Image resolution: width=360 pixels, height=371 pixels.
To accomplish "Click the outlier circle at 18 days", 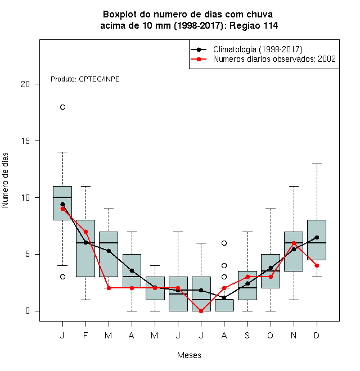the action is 62,107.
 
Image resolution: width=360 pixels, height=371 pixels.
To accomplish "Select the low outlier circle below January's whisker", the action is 62,277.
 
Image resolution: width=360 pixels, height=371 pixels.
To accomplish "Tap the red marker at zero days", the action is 201,311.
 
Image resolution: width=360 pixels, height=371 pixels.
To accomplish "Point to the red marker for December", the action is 317,266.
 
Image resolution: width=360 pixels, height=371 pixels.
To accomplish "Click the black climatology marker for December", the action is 317,237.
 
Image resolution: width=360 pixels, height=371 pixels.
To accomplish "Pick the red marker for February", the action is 85,232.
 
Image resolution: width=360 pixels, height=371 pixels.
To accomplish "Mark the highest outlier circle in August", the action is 224,243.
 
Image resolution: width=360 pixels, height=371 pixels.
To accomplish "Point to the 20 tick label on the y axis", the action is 25,84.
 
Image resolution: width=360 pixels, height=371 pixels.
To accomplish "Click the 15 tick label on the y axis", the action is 25,141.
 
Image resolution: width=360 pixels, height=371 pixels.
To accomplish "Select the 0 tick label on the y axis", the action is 28,311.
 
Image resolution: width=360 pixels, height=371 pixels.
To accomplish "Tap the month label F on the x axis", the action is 85,335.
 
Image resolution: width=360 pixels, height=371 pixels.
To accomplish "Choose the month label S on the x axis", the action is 247,335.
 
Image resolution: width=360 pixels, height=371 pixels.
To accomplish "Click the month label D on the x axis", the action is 317,335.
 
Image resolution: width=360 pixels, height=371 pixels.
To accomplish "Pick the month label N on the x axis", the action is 294,335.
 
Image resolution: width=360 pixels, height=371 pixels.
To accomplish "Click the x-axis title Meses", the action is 189,355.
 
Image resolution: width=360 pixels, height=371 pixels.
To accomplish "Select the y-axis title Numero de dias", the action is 5,180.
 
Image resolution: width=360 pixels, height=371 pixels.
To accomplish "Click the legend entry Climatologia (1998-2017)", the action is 258,49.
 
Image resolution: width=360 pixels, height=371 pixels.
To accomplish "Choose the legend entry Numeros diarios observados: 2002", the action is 274,59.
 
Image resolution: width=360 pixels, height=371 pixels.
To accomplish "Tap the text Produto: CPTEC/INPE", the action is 85,79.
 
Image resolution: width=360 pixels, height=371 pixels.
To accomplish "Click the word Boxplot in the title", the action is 120,15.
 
